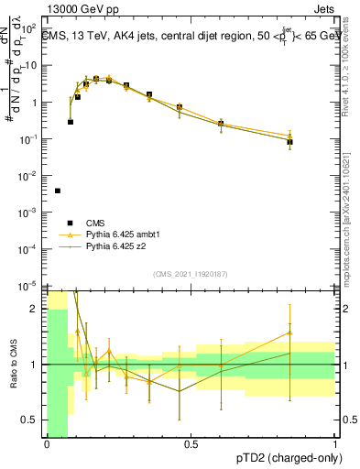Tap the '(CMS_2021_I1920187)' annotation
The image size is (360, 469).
click(x=191, y=274)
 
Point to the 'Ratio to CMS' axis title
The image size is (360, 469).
click(x=13, y=365)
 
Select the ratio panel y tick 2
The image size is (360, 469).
click(x=36, y=309)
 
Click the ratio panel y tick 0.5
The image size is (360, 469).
click(x=31, y=420)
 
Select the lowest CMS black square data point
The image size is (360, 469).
click(x=58, y=191)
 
